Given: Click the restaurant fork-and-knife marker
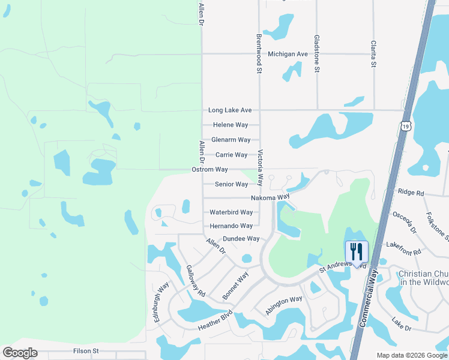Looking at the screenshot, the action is coord(357,252).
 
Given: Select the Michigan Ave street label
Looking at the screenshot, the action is coord(288,54).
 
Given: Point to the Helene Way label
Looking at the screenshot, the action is coord(231,125).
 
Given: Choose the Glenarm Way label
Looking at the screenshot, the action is coord(231,140).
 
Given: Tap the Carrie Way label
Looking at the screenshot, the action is coord(231,155).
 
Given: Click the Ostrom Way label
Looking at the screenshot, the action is coord(209,170).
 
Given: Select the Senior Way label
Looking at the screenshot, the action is coord(231,184).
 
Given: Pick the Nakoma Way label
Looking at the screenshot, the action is coord(270,197).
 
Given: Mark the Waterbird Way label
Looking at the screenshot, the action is coord(231,212).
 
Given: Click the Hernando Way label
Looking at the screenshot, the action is coord(231,226).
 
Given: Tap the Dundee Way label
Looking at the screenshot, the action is coord(241,239).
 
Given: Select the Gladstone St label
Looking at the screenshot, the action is coord(316,54).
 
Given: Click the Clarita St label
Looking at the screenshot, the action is coord(373,54).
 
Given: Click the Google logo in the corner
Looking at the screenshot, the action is coord(20,353).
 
